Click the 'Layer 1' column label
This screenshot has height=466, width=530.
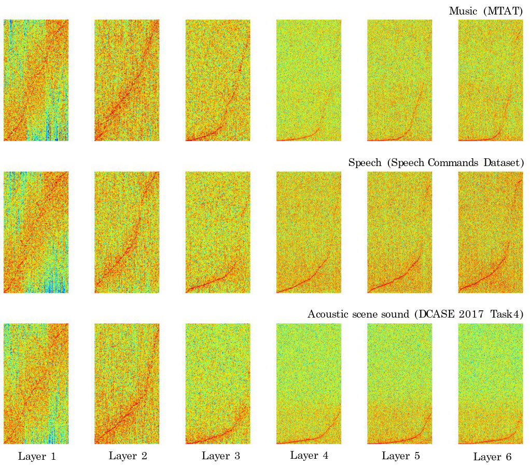(37, 457)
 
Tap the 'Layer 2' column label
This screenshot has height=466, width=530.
(128, 456)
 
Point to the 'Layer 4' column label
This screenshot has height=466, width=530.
(309, 456)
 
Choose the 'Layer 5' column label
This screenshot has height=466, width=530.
(401, 456)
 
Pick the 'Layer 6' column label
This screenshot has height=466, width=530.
(492, 457)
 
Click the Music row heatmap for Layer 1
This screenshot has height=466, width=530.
(36, 80)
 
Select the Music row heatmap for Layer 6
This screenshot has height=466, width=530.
(491, 80)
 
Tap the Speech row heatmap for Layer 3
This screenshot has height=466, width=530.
(218, 232)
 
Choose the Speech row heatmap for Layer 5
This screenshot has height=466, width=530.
(400, 232)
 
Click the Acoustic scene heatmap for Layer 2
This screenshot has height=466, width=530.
(127, 383)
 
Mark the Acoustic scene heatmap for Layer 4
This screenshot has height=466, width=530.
(309, 383)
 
